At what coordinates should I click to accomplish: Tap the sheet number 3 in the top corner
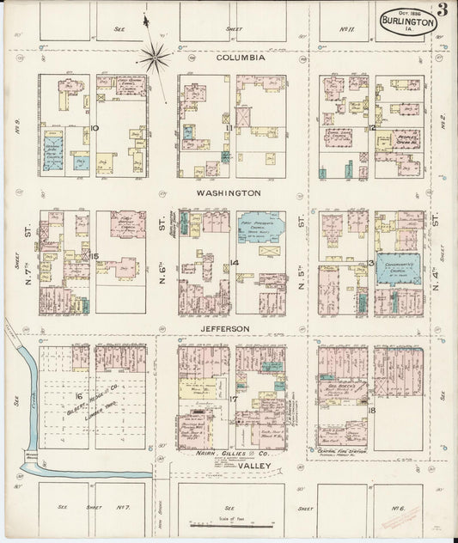tap(441, 11)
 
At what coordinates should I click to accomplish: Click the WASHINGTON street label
tap(228, 193)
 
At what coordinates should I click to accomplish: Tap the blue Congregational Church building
tap(400, 268)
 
